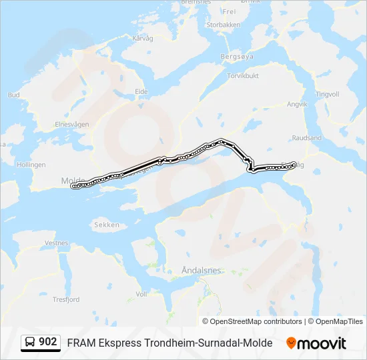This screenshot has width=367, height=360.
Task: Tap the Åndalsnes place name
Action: pos(201,271)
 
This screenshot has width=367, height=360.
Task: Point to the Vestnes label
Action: pos(57,243)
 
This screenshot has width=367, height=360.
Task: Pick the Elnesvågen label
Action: pos(72,123)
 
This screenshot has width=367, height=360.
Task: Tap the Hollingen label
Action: pos(31,164)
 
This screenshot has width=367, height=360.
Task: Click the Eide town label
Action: pos(141,91)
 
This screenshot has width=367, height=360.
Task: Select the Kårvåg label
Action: pos(143,39)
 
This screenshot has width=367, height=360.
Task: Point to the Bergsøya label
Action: pos(238,57)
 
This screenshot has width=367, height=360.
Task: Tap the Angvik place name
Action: pos(297,104)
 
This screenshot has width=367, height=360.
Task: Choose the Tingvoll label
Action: pos(328,94)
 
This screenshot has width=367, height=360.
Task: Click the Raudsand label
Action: pos(306,137)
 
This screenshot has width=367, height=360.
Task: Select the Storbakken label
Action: pos(223,25)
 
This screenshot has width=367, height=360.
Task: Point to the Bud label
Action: pos(13,95)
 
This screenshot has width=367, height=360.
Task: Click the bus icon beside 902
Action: pos(30,343)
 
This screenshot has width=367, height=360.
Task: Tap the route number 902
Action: pos(47,342)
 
